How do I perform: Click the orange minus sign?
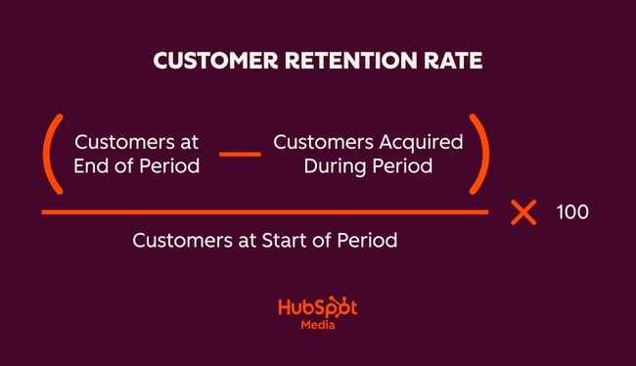click(240, 154)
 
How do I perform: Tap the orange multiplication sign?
click(524, 212)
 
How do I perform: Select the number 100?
click(572, 212)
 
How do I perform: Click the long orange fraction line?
click(264, 211)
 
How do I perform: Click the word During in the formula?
click(334, 165)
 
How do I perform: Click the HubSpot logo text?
click(317, 308)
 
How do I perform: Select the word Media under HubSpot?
click(317, 326)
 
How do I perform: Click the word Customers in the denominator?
click(179, 240)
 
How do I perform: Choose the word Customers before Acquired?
click(319, 142)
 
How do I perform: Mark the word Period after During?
click(401, 165)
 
